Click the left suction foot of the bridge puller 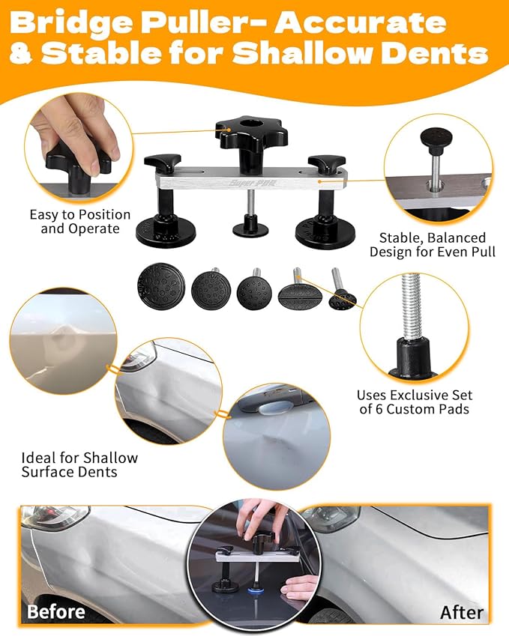[165, 228]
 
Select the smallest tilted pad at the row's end [343, 298]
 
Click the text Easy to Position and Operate [79, 222]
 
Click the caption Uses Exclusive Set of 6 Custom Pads [414, 402]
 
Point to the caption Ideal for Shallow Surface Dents [79, 464]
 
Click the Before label [56, 611]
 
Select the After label [461, 612]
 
